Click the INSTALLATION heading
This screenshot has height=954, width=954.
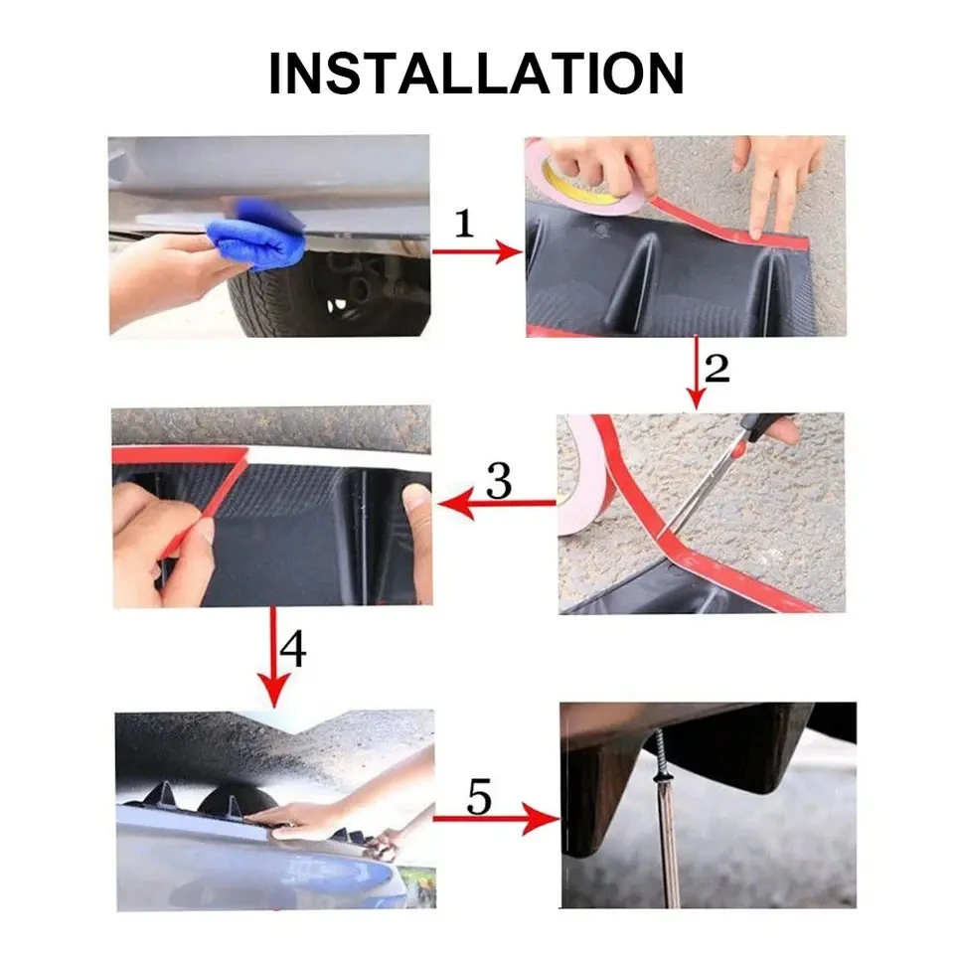[476, 74]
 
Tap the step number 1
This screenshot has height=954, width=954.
[464, 224]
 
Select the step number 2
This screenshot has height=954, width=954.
[716, 368]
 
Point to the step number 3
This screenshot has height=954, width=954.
[498, 481]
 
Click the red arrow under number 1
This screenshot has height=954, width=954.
[476, 252]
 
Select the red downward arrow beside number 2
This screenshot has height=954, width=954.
[696, 373]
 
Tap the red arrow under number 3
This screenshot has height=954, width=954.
[497, 505]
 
